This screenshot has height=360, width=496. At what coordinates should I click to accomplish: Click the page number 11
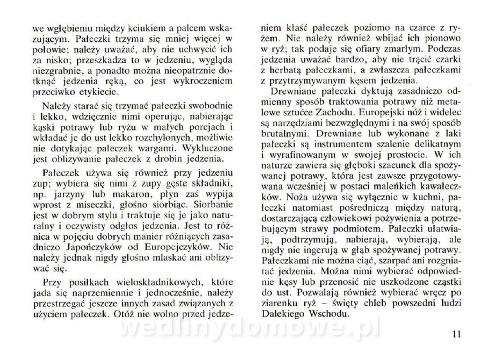pos(457,333)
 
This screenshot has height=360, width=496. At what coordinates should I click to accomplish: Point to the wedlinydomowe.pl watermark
pos(248,328)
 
